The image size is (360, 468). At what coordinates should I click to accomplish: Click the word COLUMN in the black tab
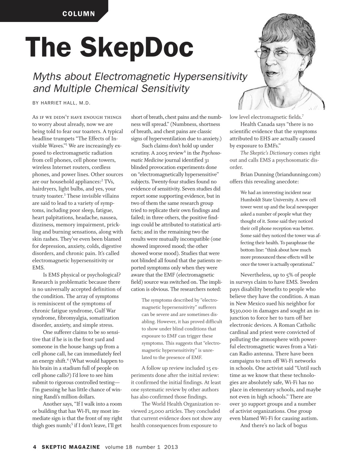click(79, 14)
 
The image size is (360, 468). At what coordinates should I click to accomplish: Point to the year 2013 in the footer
click(171, 447)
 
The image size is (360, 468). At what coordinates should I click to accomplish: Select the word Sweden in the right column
click(309, 282)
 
